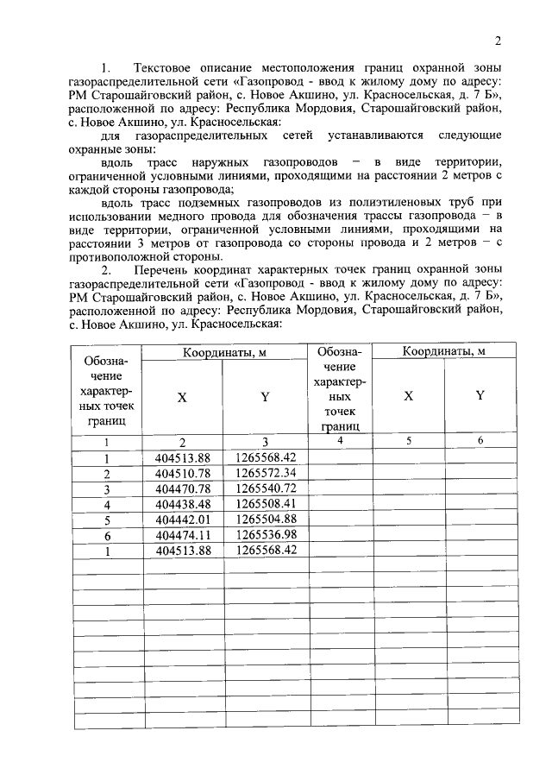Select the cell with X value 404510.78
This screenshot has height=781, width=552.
pos(182,474)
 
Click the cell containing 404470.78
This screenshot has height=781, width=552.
pos(182,488)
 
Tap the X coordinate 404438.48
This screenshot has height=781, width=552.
pos(182,504)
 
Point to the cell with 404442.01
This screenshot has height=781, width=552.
pos(182,520)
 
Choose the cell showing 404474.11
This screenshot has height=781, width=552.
pos(182,535)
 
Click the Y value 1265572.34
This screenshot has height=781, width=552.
pos(266,474)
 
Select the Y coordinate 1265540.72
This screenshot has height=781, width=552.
pos(266,488)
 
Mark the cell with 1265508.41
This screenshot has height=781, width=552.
pos(266,504)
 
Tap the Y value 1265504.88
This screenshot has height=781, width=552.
pos(266,520)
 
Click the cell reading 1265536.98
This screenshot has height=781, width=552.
pos(266,535)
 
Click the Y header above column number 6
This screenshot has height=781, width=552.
pos(480,395)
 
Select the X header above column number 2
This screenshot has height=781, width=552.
pos(182,397)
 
